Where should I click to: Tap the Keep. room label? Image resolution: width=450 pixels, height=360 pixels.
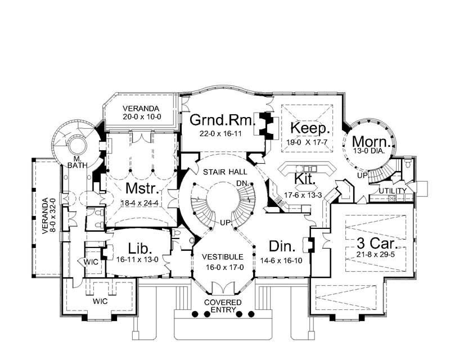point(308,129)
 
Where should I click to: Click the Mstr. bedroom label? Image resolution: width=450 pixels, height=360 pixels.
point(141,187)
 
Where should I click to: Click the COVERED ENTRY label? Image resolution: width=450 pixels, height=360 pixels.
point(222,307)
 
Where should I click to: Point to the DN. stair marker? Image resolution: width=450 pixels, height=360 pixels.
point(242,184)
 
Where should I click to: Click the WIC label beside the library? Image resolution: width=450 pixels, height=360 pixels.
point(91,262)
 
